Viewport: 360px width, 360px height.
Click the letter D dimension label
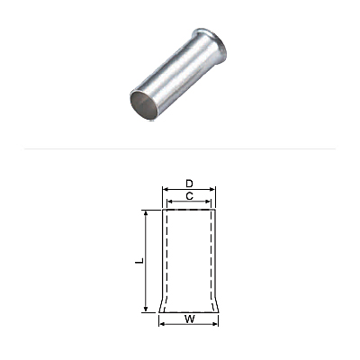pos(189,184)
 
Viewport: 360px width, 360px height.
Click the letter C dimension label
pos(189,196)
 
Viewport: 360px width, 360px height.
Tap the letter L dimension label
pos(139,261)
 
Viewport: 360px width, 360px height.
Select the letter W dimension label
pos(189,319)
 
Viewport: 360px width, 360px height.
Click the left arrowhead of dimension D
pos(165,189)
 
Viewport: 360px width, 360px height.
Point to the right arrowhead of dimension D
pos(213,189)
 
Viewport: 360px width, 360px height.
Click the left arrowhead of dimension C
pos(169,202)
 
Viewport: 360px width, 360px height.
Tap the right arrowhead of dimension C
pos(209,202)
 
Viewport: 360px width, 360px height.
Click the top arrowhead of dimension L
pos(146,213)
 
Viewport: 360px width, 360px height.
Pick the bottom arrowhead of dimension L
pos(146,310)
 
